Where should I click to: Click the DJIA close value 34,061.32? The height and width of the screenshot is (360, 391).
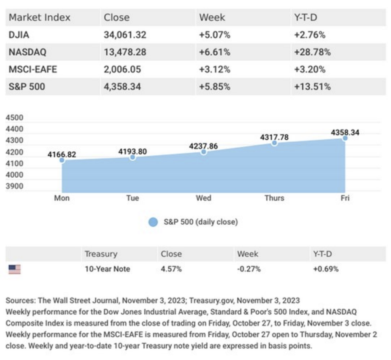click(x=125, y=35)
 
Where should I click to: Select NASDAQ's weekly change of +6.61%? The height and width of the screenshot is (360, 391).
click(x=215, y=52)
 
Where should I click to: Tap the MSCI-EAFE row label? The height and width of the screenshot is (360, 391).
click(x=33, y=69)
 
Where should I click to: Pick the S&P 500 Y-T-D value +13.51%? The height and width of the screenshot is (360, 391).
click(x=313, y=86)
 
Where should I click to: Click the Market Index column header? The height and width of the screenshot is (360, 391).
click(x=39, y=18)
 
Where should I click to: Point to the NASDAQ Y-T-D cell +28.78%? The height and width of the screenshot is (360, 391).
click(x=313, y=52)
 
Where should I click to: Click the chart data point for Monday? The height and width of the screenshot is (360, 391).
click(x=62, y=160)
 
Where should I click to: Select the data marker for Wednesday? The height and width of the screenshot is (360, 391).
click(x=204, y=152)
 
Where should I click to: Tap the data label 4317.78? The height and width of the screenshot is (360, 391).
click(x=274, y=137)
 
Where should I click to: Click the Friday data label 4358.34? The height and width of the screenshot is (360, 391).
click(x=345, y=133)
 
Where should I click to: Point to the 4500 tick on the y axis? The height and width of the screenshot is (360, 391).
click(x=14, y=118)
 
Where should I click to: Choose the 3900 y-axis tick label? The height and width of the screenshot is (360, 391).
click(x=14, y=186)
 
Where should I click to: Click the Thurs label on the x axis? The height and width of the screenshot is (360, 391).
click(x=274, y=198)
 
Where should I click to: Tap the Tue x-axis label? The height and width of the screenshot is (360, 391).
click(x=133, y=198)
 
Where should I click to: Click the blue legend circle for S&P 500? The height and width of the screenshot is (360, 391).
click(x=153, y=222)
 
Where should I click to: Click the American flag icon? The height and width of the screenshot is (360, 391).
click(x=14, y=269)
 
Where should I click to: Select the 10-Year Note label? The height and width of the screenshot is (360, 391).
click(x=107, y=269)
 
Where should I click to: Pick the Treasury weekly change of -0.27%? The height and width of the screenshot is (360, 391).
click(x=249, y=269)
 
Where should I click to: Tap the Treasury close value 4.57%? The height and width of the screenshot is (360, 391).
click(x=171, y=269)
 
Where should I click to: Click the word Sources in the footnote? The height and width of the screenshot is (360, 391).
click(x=21, y=301)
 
